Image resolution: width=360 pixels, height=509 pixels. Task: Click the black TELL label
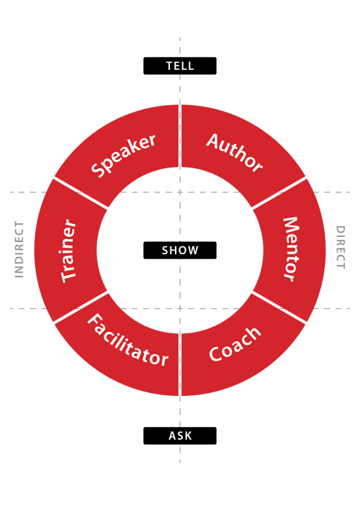(180, 66)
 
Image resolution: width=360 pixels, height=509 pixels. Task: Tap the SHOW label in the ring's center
(180, 250)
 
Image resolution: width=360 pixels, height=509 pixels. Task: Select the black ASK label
(180, 436)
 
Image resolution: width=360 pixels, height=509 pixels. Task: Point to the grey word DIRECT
(341, 248)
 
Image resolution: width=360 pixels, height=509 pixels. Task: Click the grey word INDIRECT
(19, 249)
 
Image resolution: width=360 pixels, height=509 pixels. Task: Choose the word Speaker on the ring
(123, 155)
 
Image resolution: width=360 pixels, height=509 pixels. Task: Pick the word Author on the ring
(235, 152)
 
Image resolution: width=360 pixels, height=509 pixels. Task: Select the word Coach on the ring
(235, 345)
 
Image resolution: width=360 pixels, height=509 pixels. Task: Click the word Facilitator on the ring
(127, 340)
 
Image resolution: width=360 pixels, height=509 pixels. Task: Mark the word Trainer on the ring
(69, 250)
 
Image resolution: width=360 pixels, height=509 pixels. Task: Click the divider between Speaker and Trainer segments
(81, 194)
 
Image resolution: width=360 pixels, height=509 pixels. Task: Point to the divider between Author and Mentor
(280, 193)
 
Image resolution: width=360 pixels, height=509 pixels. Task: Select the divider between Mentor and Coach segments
(280, 307)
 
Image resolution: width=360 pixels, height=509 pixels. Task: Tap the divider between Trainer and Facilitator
(81, 307)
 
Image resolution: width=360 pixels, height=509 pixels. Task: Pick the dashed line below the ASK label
(180, 454)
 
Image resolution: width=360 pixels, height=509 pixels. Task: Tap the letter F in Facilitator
(94, 320)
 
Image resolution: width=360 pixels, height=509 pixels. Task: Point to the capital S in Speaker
(98, 170)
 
